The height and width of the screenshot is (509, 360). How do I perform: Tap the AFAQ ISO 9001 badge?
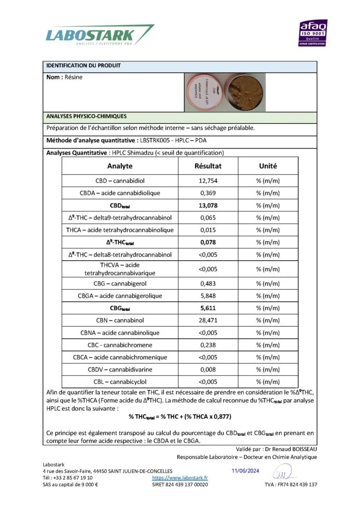coord(313,33)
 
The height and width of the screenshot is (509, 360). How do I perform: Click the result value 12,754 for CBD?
coord(208,180)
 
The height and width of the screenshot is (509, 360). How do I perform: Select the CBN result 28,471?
coord(208,321)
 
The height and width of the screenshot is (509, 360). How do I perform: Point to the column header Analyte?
coord(120,166)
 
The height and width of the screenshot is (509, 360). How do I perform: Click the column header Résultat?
coord(208,166)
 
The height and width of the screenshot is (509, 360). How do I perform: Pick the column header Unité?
coord(268,166)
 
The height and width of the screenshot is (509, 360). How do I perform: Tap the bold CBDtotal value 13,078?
coord(208,205)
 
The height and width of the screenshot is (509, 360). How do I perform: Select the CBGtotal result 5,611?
coord(208,308)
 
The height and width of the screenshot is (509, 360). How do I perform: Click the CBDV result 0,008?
coord(208,369)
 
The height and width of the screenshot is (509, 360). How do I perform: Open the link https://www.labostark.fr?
coord(180,478)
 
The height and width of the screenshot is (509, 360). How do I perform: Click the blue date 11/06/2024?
coord(246,471)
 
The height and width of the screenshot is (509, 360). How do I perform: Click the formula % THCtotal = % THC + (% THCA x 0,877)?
coord(180,416)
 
